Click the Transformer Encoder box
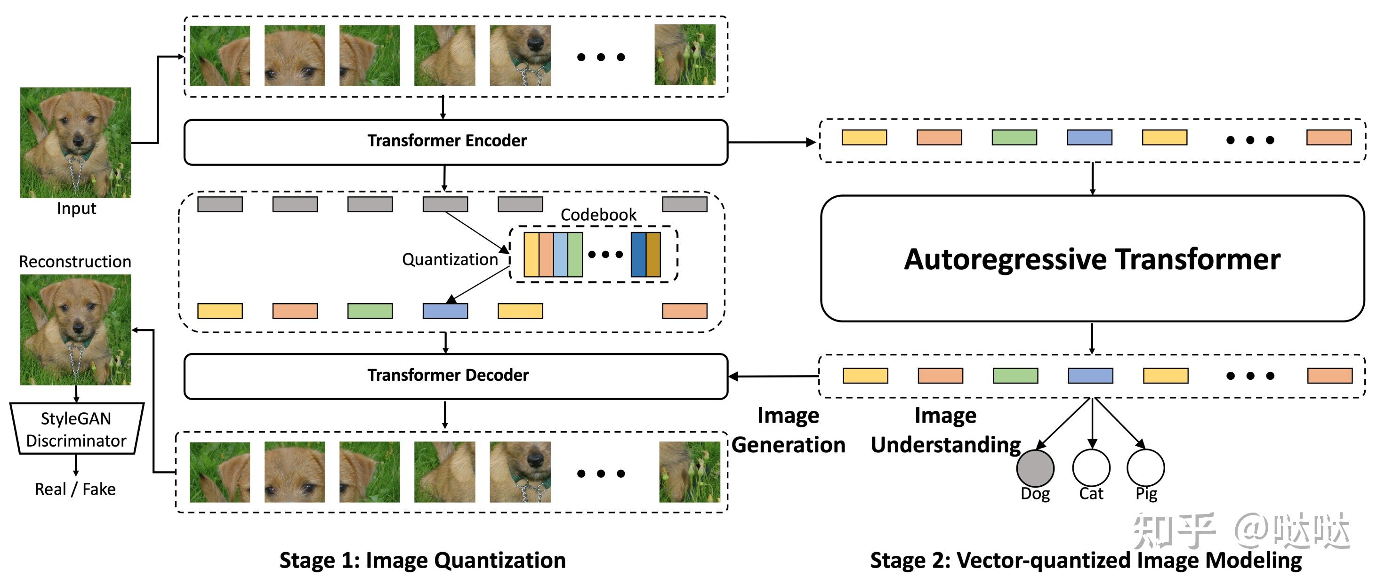point(455,142)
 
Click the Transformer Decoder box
point(455,376)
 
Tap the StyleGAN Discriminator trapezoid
point(76,429)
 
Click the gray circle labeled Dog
point(1035,467)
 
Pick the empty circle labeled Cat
point(1091,467)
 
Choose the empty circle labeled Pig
point(1146,467)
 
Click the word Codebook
point(598,215)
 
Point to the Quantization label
point(450,260)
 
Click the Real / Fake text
point(75,489)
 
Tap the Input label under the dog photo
point(76,209)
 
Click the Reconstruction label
point(75,262)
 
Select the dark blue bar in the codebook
point(638,255)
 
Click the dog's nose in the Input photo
point(79,141)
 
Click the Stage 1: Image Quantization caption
point(423,560)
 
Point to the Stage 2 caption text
point(1086,560)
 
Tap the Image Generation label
point(788,430)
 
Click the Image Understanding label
point(945,430)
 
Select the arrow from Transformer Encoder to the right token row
point(772,143)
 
